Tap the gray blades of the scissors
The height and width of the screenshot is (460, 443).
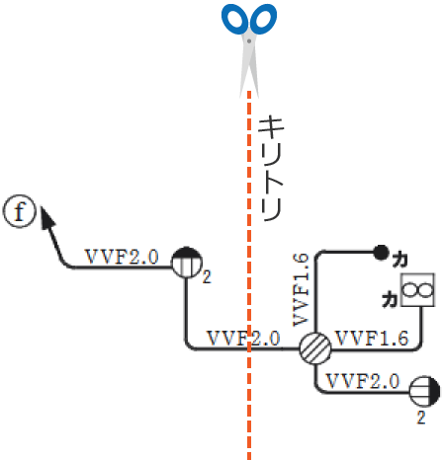tap(249, 64)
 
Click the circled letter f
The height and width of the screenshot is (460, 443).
tap(19, 211)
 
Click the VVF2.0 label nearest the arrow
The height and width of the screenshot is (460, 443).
tap(123, 256)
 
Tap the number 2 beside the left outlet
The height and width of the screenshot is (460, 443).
tap(207, 276)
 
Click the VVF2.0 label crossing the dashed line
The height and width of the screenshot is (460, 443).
tap(243, 339)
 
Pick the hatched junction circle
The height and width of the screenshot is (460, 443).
tap(315, 348)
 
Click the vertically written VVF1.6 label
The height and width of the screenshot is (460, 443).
tap(303, 288)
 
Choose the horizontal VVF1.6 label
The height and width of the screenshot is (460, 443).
tap(372, 339)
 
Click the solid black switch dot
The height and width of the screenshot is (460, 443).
tap(379, 252)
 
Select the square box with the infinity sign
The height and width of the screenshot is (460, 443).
tap(416, 289)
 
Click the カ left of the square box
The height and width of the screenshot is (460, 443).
tap(389, 296)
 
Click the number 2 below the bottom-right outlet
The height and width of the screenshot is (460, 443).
tap(421, 419)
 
